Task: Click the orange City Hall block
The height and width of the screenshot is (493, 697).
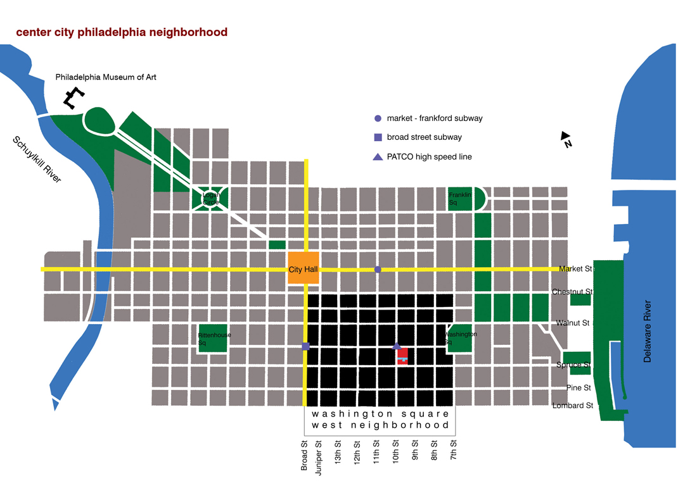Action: pyautogui.click(x=303, y=267)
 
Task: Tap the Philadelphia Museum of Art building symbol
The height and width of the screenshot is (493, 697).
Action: pyautogui.click(x=74, y=97)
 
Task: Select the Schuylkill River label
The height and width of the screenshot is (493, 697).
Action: pyautogui.click(x=37, y=159)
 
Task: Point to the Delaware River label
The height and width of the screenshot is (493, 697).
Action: pyautogui.click(x=647, y=332)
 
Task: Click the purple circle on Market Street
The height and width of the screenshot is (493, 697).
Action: pyautogui.click(x=378, y=270)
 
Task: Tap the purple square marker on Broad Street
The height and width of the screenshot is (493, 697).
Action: pyautogui.click(x=306, y=346)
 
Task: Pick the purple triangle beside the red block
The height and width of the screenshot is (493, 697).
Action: pyautogui.click(x=397, y=346)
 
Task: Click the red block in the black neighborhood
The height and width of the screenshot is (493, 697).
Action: pyautogui.click(x=402, y=356)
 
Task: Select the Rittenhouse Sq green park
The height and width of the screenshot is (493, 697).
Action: pyautogui.click(x=212, y=339)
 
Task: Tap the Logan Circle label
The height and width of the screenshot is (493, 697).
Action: pyautogui.click(x=211, y=199)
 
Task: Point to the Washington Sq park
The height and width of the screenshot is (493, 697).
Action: pyautogui.click(x=459, y=339)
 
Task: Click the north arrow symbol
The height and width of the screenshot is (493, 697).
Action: pyautogui.click(x=566, y=139)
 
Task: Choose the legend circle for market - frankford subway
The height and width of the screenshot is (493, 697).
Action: pyautogui.click(x=378, y=118)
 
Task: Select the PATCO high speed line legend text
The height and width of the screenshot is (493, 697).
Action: pyautogui.click(x=430, y=157)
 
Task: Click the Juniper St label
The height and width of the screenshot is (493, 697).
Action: pyautogui.click(x=318, y=458)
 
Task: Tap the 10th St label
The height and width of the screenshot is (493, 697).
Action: pyautogui.click(x=395, y=452)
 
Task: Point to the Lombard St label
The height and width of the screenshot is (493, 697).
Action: pyautogui.click(x=573, y=406)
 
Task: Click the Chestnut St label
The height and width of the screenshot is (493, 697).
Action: pyautogui.click(x=572, y=292)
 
